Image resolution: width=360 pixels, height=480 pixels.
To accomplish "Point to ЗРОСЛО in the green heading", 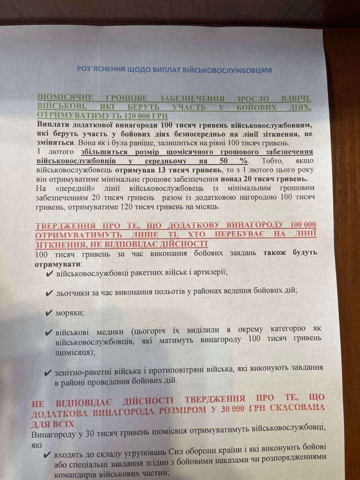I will click(x=253, y=99).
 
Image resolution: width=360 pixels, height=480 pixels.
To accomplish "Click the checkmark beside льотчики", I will click(x=49, y=293).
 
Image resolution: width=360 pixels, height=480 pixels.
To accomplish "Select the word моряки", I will click(x=70, y=313).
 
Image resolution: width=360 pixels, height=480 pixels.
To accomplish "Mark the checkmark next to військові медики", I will click(x=49, y=333).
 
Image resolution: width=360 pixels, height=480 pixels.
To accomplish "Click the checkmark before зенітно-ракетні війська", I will click(x=48, y=373).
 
